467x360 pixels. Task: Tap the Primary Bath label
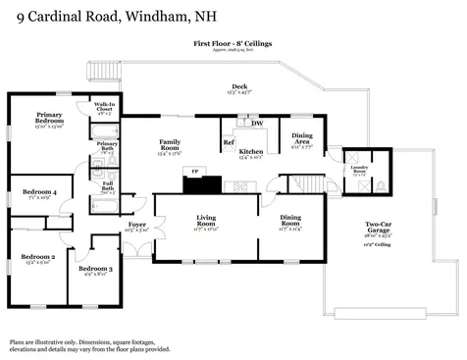coord(107,146)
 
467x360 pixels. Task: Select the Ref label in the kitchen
coord(228,143)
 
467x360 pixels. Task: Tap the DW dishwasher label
coord(257,124)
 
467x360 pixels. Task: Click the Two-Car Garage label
coord(378,223)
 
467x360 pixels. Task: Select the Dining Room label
coord(291,218)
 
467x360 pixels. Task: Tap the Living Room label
coord(206,218)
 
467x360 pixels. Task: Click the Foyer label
coord(137,225)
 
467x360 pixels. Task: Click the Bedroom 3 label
coord(95,269)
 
